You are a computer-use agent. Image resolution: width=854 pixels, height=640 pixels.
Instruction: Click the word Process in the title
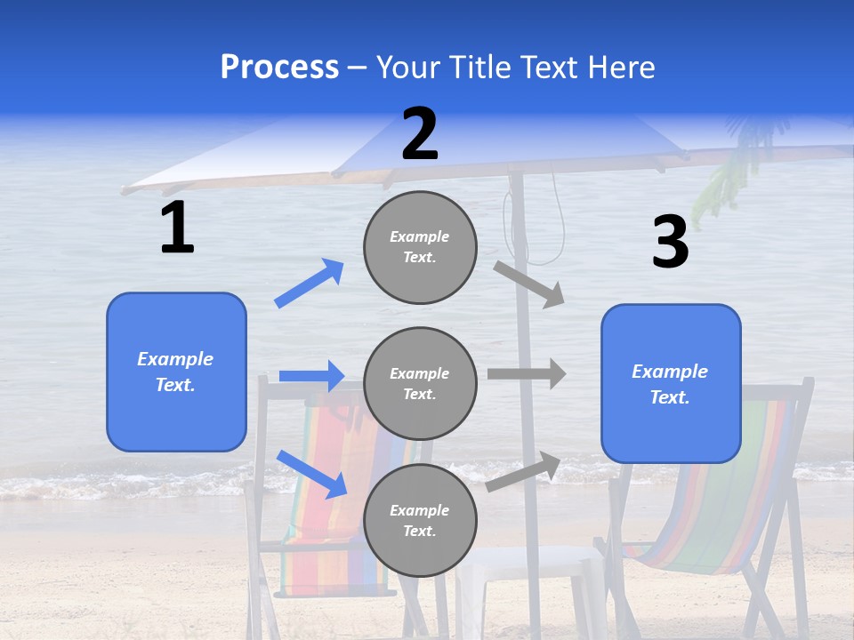[279, 68]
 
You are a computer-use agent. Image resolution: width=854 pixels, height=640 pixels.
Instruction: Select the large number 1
[177, 228]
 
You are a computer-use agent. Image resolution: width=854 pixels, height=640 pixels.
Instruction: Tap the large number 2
[420, 134]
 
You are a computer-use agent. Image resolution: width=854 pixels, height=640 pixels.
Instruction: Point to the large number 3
[670, 243]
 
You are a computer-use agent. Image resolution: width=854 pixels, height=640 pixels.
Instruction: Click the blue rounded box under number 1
[176, 372]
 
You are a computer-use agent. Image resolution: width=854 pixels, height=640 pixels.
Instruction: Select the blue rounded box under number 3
[671, 383]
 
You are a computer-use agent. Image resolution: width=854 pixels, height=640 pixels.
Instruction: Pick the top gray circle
[420, 247]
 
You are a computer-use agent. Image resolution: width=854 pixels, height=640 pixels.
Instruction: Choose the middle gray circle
[420, 383]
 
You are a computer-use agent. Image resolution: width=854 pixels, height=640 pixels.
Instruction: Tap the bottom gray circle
[420, 520]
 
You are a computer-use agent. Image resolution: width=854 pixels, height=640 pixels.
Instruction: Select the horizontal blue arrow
[311, 376]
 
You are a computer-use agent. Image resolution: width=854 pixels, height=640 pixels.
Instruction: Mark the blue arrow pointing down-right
[312, 474]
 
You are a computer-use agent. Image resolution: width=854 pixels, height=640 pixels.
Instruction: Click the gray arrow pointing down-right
[529, 284]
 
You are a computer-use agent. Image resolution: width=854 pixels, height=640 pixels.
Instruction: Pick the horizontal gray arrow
[527, 373]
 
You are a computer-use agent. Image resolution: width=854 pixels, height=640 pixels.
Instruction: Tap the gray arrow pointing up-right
[523, 471]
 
